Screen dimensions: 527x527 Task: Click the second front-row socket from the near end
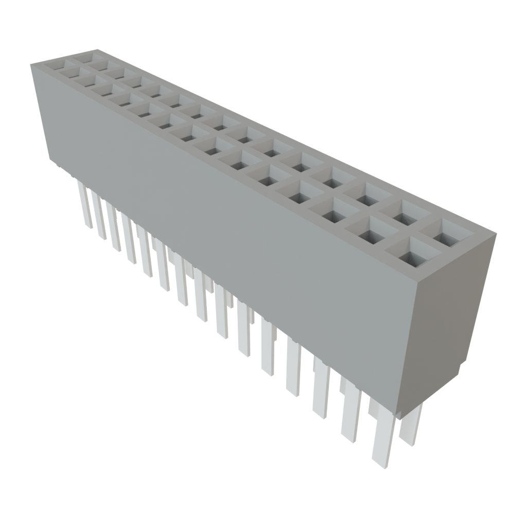pos(372,236)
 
